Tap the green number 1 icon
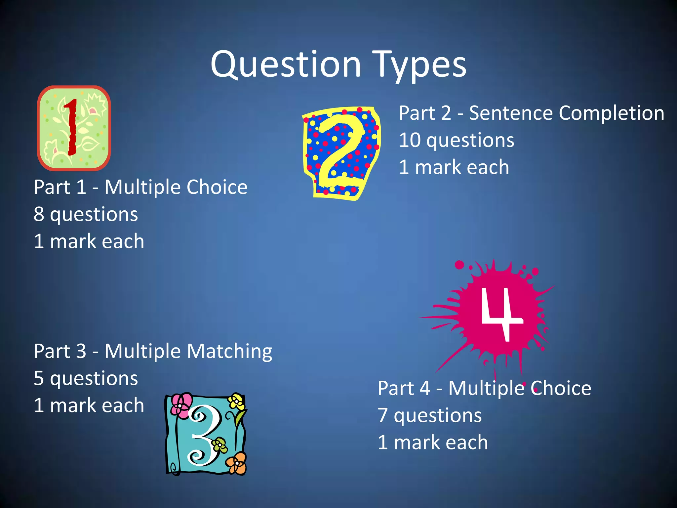click(74, 128)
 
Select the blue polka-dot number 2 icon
click(341, 153)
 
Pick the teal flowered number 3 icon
click(206, 434)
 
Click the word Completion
click(611, 113)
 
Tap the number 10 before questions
click(409, 140)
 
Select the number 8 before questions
click(39, 214)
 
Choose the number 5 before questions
click(39, 378)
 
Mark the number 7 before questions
click(382, 415)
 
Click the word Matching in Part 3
click(230, 352)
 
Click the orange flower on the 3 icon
click(237, 463)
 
